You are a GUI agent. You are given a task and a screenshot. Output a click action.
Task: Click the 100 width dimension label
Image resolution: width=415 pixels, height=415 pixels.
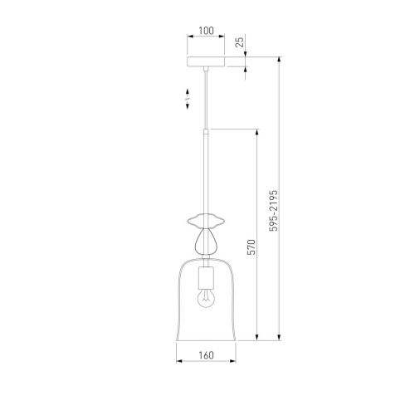tap(206, 31)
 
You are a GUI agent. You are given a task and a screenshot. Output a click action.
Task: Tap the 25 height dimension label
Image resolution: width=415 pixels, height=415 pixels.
tap(240, 41)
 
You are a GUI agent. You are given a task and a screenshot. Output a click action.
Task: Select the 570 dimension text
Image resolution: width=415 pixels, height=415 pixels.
tap(251, 247)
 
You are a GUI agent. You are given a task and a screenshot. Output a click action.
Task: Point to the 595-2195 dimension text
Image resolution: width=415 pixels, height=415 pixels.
tap(273, 211)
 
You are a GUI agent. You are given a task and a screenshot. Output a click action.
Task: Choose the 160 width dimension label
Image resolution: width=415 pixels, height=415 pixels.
tap(206, 355)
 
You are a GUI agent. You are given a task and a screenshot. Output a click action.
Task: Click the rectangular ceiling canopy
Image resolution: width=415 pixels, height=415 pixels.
tap(206, 61)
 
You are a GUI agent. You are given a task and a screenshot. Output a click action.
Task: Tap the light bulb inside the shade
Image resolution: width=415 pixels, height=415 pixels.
tap(206, 299)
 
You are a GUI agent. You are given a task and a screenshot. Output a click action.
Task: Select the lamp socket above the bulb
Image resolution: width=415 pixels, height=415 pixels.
tap(206, 278)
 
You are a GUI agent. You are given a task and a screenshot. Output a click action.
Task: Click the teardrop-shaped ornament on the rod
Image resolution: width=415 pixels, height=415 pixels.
tap(206, 241)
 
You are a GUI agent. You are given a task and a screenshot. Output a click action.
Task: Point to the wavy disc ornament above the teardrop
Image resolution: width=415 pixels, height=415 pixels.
tap(206, 221)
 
